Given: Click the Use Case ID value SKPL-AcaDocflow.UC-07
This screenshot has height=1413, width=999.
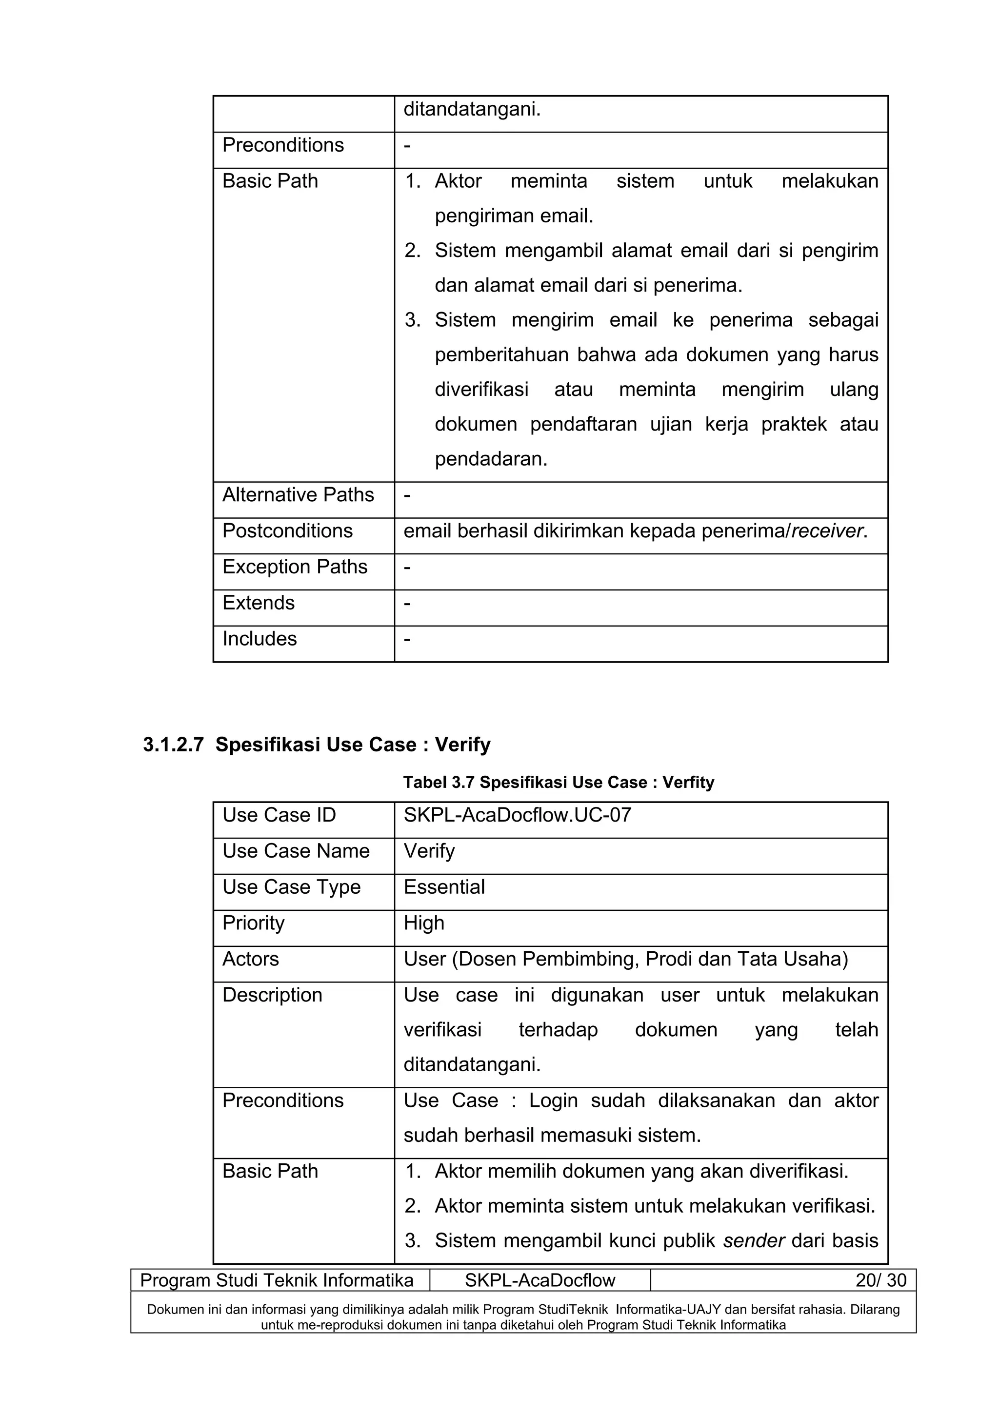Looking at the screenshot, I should (x=517, y=815).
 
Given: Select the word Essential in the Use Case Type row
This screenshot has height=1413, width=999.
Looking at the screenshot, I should (x=444, y=887).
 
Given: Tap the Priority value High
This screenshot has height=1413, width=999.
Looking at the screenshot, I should (x=423, y=923).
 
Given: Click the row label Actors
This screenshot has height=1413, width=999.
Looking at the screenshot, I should (x=251, y=960).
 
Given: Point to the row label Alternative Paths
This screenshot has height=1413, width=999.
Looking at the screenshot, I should (x=298, y=495).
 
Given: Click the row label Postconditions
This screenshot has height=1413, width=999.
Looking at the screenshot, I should (x=287, y=531).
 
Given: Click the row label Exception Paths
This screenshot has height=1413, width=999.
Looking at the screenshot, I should (x=295, y=567).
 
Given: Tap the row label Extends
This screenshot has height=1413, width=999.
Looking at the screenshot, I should (x=259, y=603).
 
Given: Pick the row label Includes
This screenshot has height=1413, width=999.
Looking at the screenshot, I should (x=259, y=639).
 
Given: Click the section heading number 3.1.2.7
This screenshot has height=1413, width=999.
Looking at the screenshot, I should (x=173, y=746).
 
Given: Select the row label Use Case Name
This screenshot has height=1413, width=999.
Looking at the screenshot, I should (x=296, y=851).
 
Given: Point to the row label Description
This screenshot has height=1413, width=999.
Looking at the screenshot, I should (x=272, y=995).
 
